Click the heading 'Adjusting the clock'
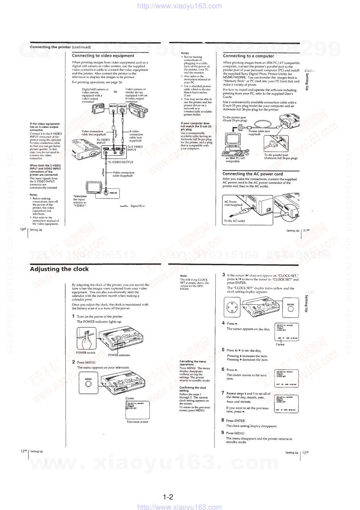click(59, 269)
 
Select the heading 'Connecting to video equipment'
click(103, 56)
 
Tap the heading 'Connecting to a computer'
click(248, 56)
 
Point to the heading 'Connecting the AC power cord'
click(252, 174)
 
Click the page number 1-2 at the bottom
click(168, 497)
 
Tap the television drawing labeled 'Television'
click(94, 189)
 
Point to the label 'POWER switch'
click(85, 353)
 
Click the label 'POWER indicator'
click(119, 355)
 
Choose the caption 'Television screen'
click(137, 422)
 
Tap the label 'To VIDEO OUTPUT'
click(120, 162)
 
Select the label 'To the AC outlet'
click(234, 221)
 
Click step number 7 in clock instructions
click(223, 393)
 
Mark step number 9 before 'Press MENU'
click(222, 433)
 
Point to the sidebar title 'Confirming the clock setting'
click(193, 389)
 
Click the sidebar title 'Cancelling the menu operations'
click(193, 363)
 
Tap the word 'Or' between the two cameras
click(115, 92)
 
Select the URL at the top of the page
click(180, 6)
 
